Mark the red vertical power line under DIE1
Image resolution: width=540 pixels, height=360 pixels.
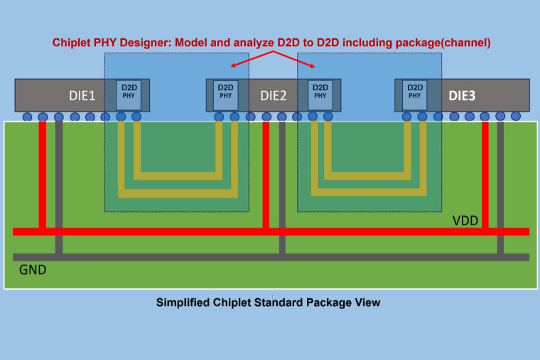coord(43,174)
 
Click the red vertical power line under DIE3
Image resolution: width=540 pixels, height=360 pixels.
coord(485,174)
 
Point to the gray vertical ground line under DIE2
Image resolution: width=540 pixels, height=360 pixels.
coord(282,185)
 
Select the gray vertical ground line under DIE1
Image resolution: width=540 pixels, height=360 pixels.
coord(59,185)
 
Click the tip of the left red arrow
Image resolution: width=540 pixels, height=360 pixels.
coord(230,67)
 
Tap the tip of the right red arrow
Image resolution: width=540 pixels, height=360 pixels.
coord(316,67)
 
